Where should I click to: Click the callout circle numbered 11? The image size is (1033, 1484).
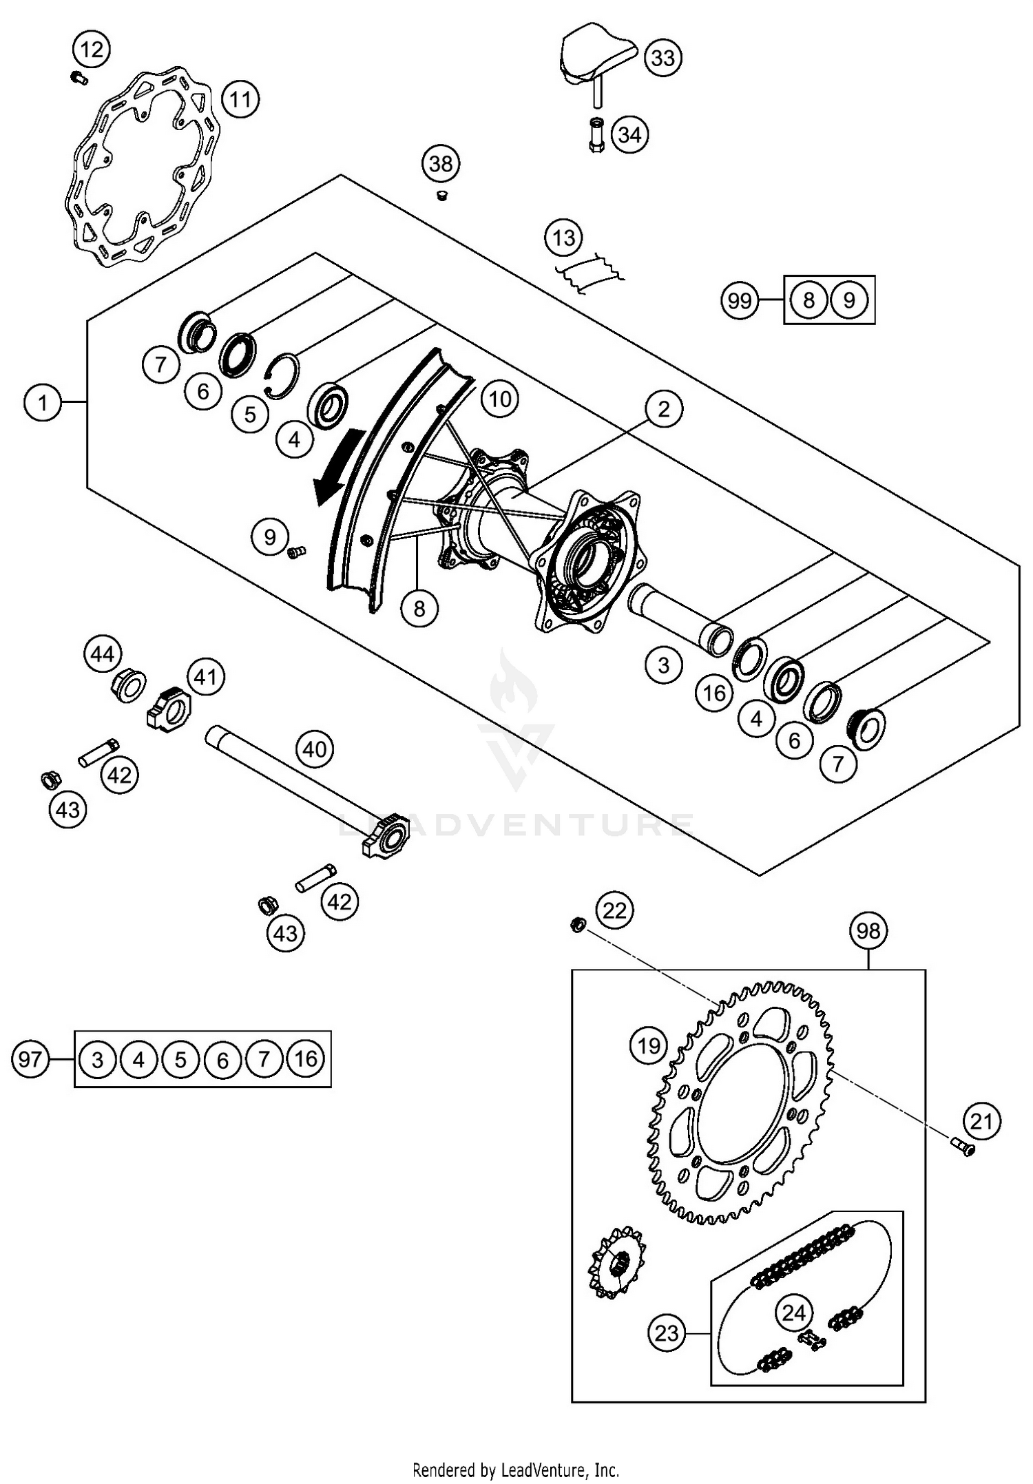click(x=240, y=101)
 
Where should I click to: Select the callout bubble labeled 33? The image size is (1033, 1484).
click(x=663, y=58)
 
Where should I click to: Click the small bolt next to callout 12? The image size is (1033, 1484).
click(x=79, y=78)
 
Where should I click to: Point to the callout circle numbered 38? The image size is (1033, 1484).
click(x=441, y=164)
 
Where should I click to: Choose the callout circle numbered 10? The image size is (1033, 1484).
click(x=500, y=399)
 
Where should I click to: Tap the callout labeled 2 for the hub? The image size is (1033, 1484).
click(x=663, y=409)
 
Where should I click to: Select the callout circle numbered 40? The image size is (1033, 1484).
click(x=315, y=749)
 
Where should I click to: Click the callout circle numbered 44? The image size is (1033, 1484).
click(x=103, y=654)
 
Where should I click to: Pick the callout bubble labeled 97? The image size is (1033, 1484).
click(x=30, y=1058)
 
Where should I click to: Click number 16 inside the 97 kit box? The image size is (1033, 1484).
click(x=306, y=1058)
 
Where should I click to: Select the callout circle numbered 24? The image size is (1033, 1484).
click(x=793, y=1313)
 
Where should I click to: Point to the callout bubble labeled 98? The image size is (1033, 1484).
click(x=868, y=931)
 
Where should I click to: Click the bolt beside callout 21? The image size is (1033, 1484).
click(x=963, y=1147)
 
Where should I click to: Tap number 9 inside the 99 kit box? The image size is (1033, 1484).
click(x=849, y=300)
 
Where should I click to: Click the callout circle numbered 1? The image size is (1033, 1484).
click(x=43, y=402)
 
